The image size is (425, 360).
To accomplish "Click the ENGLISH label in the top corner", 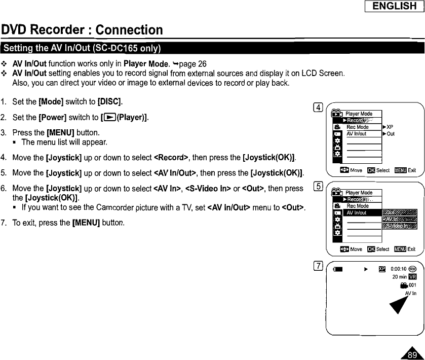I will point(395,6).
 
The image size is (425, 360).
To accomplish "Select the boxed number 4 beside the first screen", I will point(318,107).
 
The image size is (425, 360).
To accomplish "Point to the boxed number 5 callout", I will point(318,185).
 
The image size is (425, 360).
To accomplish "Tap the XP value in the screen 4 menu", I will point(390,127).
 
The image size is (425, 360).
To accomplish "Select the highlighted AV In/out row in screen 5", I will point(362,213).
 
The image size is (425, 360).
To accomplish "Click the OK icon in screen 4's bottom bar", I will point(371,170).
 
